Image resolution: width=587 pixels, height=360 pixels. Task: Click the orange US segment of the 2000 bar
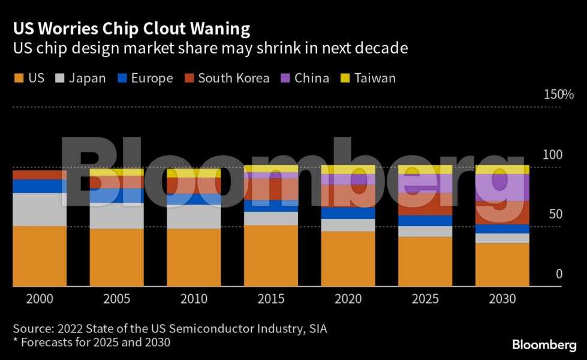[40, 256]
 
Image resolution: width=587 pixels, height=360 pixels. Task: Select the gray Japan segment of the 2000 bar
[40, 209]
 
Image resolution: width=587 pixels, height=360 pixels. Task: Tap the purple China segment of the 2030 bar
[502, 187]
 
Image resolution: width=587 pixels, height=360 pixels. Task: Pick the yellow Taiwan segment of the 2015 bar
[271, 169]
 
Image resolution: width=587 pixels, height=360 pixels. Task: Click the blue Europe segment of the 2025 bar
[425, 221]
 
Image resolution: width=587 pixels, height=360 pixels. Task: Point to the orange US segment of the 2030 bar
[502, 265]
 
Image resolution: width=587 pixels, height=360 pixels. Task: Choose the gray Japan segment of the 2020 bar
[348, 225]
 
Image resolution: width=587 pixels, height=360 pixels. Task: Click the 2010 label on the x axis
[194, 299]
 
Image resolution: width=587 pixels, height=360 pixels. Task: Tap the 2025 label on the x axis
[425, 299]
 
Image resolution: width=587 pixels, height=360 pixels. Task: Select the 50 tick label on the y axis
[556, 214]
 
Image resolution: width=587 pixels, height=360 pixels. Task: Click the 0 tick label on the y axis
[559, 274]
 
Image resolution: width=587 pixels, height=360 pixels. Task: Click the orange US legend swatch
[19, 79]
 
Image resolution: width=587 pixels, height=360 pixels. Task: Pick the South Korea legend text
[233, 79]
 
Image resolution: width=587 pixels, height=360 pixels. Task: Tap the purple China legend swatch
[285, 79]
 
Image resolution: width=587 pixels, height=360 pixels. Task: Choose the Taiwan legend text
[375, 79]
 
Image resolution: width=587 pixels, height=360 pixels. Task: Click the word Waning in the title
[219, 29]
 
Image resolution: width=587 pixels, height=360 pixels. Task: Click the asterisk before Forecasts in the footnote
[16, 342]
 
